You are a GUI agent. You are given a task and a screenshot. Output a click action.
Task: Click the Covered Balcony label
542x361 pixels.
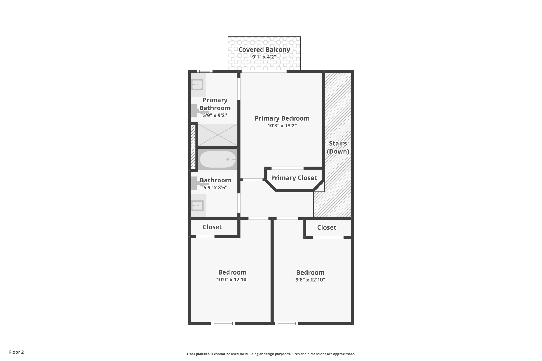[x=264, y=49]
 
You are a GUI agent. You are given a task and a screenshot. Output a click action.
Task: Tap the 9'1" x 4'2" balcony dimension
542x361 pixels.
[x=264, y=57]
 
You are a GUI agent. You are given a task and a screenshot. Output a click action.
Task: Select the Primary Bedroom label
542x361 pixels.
[x=282, y=118]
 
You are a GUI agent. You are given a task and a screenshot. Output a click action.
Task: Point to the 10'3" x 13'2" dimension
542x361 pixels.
[x=282, y=126]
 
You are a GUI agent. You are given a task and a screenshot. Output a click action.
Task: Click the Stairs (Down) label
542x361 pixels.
[x=338, y=147]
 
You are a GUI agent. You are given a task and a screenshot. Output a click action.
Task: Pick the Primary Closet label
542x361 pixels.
[x=294, y=178]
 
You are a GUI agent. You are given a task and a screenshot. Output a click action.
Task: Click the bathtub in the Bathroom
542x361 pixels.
[x=218, y=159]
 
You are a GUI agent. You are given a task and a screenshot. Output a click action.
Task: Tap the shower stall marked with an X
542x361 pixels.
[x=218, y=135]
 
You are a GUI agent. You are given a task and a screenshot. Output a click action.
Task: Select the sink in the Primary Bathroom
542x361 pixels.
[x=197, y=85]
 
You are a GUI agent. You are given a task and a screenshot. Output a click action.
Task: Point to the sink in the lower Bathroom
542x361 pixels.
[x=198, y=205]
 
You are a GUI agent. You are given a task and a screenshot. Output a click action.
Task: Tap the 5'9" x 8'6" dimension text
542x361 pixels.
[x=215, y=188]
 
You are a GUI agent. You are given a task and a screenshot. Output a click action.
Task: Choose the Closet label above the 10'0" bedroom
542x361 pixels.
[x=212, y=227]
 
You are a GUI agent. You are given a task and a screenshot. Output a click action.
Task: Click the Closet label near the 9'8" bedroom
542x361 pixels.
[x=327, y=227]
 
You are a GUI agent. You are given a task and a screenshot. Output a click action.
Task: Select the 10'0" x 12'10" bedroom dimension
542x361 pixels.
[x=232, y=280]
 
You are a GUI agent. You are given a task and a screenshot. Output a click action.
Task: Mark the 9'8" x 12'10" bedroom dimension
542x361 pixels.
[x=310, y=280]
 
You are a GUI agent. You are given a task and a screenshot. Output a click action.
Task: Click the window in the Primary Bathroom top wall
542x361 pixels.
[x=205, y=71]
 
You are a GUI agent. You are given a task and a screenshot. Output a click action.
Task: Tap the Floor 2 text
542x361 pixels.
[x=16, y=352]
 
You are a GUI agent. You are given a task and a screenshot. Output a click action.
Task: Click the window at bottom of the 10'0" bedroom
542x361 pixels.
[x=223, y=323]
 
